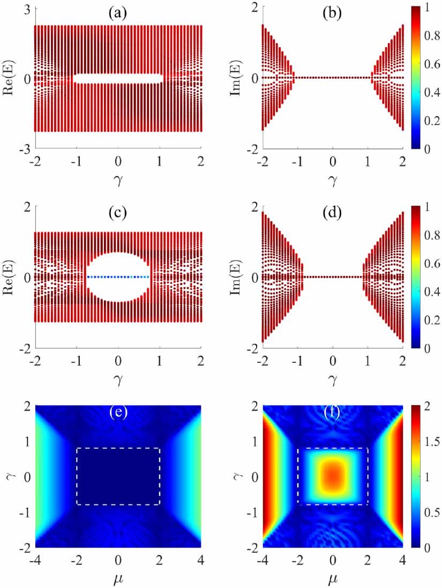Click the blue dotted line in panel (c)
click(x=118, y=277)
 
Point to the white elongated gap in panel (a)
click(x=118, y=79)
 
